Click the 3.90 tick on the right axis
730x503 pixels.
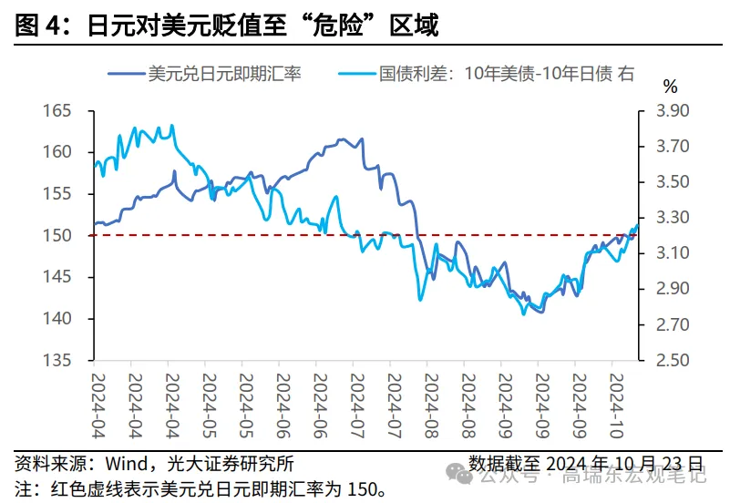tap(673, 111)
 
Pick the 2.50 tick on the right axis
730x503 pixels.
tap(673, 361)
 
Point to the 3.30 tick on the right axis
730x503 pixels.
tap(673, 218)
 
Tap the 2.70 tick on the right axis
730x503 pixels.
tap(673, 325)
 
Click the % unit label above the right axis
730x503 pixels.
tap(670, 87)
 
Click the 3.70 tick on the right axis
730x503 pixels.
tap(673, 147)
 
